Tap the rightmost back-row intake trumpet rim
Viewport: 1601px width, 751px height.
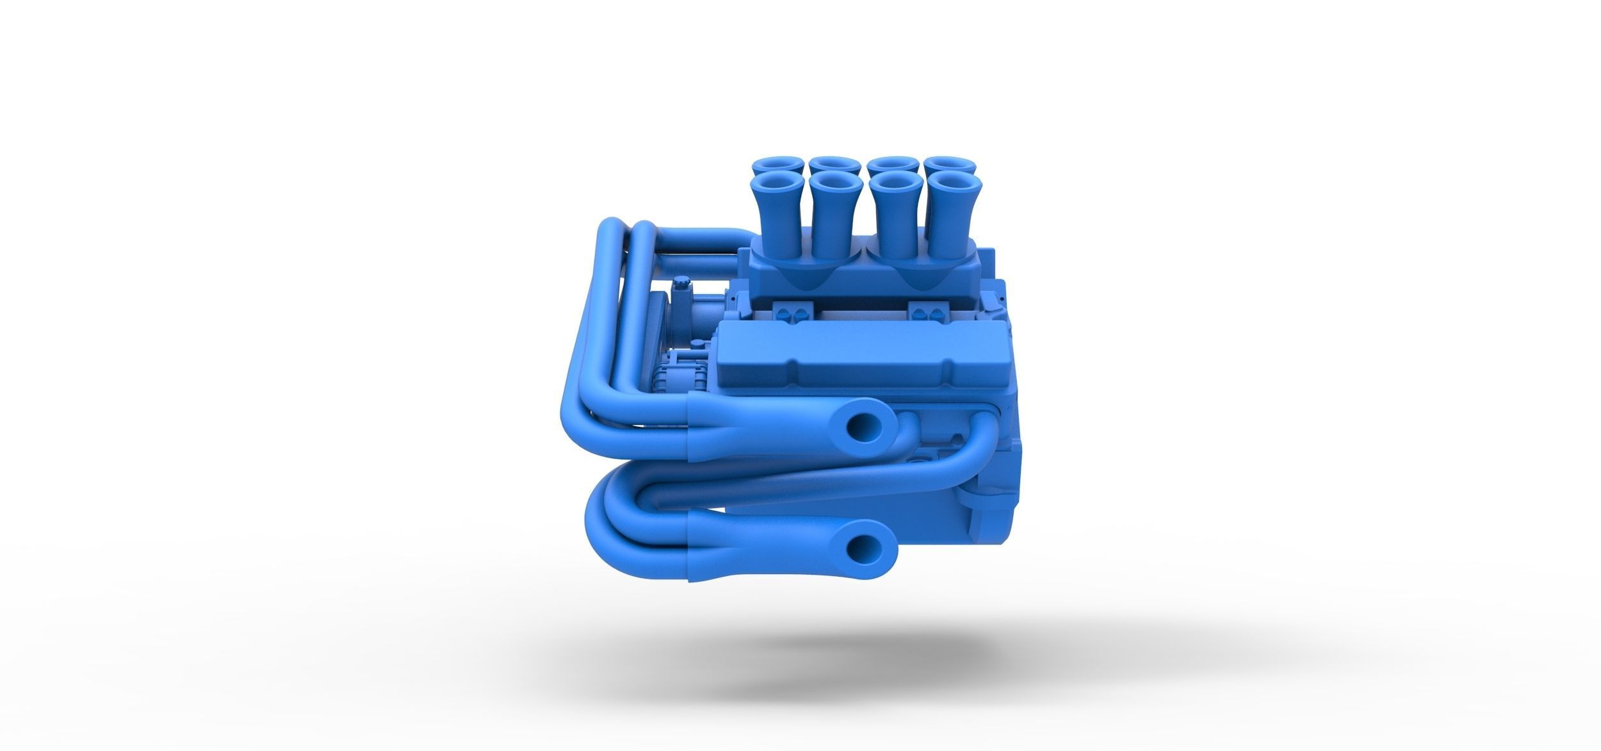point(949,164)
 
